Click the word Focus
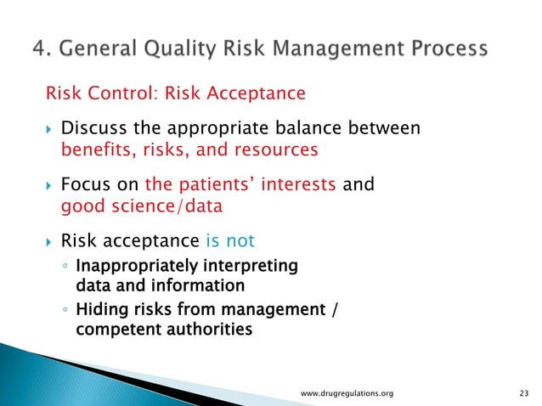coord(85,184)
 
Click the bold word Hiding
coord(98,309)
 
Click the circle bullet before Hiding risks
coord(65,310)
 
